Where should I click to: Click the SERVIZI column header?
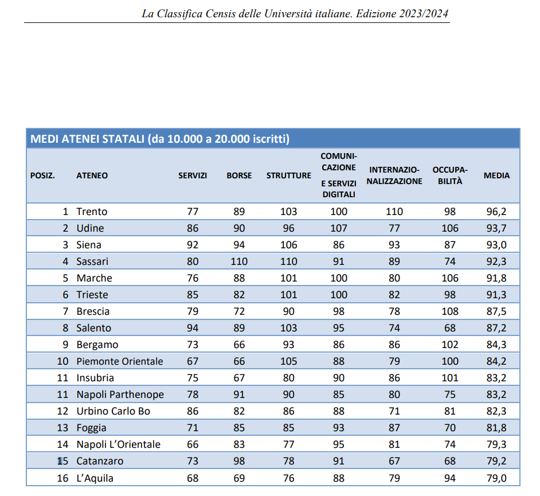[x=193, y=175]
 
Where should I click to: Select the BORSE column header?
[x=239, y=175]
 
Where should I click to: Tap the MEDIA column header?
[x=496, y=175]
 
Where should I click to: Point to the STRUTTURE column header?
[x=288, y=175]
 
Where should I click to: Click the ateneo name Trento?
[x=92, y=212]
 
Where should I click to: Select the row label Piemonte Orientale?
[x=119, y=361]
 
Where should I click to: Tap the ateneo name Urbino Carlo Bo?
[x=114, y=411]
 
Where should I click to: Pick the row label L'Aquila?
[x=95, y=478]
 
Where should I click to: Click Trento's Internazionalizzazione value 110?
[x=394, y=212]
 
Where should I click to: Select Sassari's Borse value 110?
[x=239, y=261]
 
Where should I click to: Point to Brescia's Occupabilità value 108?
[x=450, y=311]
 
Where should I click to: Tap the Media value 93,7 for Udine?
[x=496, y=228]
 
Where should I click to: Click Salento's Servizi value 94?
[x=193, y=328]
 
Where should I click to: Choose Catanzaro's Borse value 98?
[x=239, y=461]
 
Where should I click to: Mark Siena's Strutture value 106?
[x=288, y=245]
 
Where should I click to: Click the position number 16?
[x=62, y=478]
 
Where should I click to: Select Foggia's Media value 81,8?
[x=496, y=428]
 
